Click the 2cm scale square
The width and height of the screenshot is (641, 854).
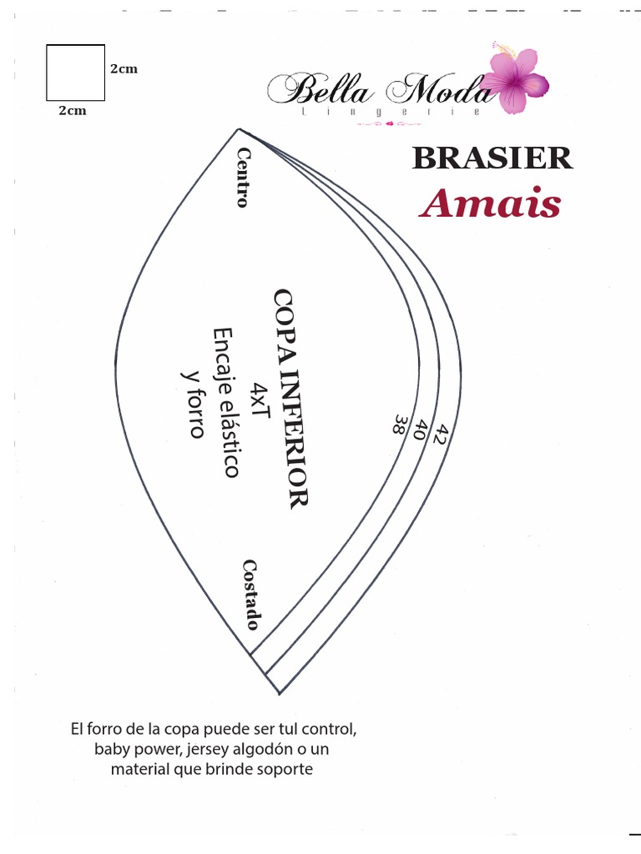click(75, 73)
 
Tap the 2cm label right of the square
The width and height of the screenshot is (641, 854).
click(124, 69)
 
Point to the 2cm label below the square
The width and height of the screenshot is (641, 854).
click(72, 110)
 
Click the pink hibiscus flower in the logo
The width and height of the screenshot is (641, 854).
click(518, 80)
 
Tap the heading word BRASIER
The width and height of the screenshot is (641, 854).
click(492, 158)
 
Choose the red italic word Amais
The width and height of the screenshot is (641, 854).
click(490, 203)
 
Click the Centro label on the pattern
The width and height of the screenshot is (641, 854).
click(244, 177)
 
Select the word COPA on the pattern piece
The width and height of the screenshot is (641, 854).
click(285, 321)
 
